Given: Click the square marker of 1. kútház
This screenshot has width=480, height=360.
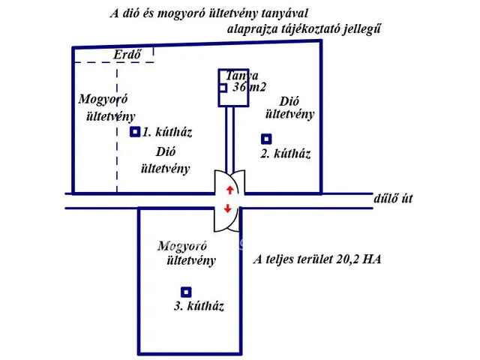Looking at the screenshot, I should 135,132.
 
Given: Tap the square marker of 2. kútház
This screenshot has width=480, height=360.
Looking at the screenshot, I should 266,139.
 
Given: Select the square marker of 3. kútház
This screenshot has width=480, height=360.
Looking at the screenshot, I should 186,292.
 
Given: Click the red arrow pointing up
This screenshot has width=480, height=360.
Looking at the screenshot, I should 229,190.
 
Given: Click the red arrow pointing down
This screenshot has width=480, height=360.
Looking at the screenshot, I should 228,208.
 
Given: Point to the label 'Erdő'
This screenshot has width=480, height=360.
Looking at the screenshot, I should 127,55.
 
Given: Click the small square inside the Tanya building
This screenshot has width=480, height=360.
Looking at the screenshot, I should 223,88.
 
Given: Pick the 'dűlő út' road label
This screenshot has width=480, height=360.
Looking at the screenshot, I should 393,199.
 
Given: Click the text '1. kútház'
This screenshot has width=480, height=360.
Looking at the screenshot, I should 168,133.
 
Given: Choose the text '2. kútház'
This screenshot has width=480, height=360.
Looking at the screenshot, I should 285,154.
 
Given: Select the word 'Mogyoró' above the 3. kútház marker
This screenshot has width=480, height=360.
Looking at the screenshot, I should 184,246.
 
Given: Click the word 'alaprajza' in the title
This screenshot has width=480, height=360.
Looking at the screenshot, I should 252,30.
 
